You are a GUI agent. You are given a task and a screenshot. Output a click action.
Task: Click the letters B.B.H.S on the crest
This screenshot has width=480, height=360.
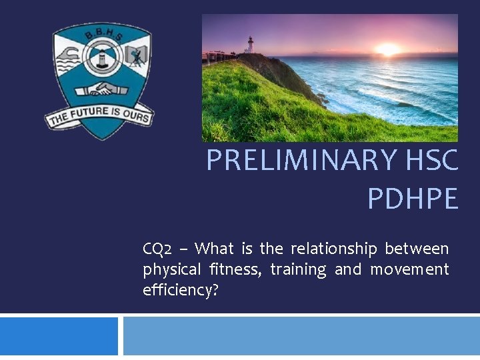click(x=102, y=33)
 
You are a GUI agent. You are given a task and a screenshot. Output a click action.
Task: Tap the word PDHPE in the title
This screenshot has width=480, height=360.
click(x=413, y=199)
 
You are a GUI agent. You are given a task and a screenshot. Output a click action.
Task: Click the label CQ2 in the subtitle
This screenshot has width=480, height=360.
click(x=157, y=249)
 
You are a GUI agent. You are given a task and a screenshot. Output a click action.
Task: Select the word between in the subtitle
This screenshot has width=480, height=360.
click(x=417, y=249)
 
